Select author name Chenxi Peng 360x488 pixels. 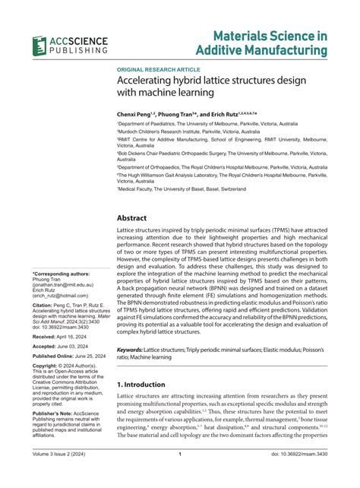pos(137,112)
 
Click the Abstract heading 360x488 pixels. pos(137,217)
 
